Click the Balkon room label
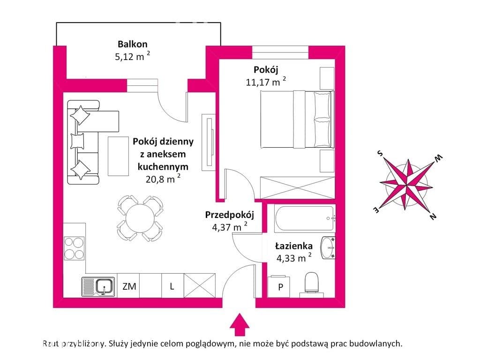click(x=133, y=44)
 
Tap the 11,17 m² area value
click(x=266, y=82)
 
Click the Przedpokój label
click(x=230, y=215)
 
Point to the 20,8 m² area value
click(x=163, y=179)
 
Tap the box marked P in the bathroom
click(x=279, y=286)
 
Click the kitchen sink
click(x=98, y=286)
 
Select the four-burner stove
click(x=74, y=248)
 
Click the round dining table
click(x=140, y=218)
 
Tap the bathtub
click(x=305, y=219)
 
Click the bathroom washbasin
click(x=328, y=247)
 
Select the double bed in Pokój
click(x=297, y=120)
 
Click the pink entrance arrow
click(x=240, y=324)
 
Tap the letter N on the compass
click(x=433, y=217)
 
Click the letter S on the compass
click(x=380, y=153)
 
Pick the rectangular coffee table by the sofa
click(x=118, y=156)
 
